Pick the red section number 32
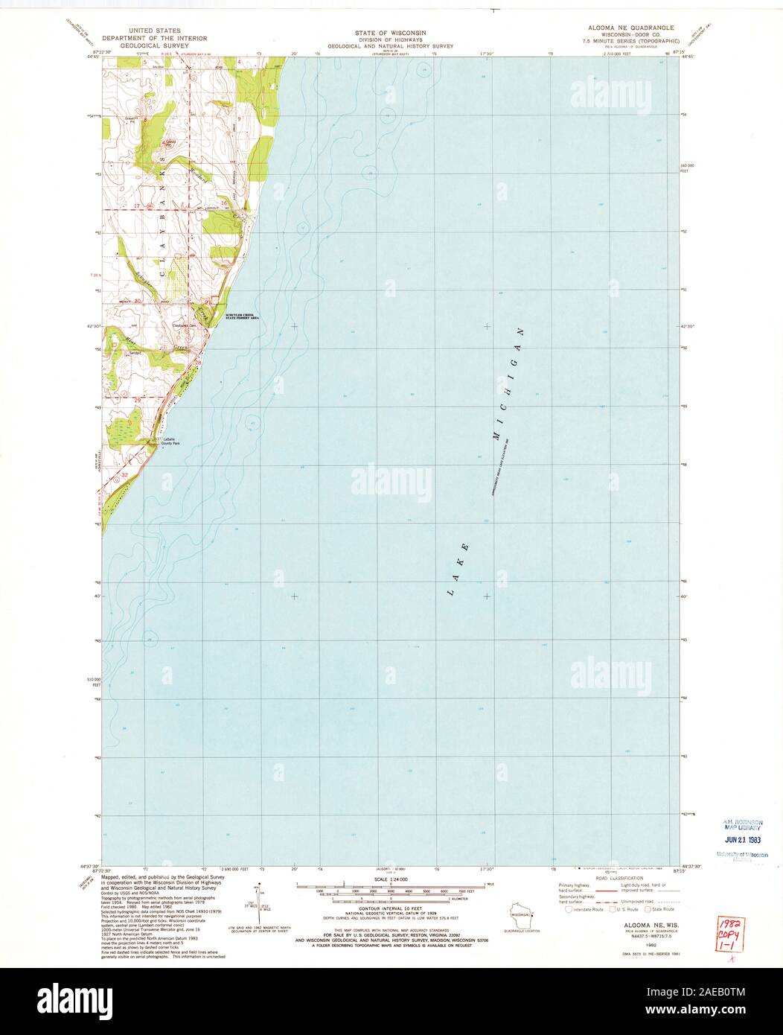coord(125,474)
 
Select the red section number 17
coord(138,204)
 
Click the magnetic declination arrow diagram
coord(258,898)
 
